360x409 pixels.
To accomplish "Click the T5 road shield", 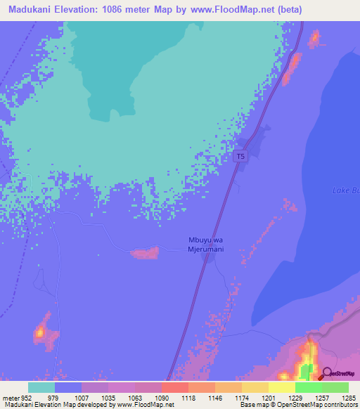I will pos(241,157).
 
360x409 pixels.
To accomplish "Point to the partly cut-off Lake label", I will pos(345,190).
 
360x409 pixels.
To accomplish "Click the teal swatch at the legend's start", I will pos(41,387).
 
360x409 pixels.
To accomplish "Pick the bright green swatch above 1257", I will pos(308,387).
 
